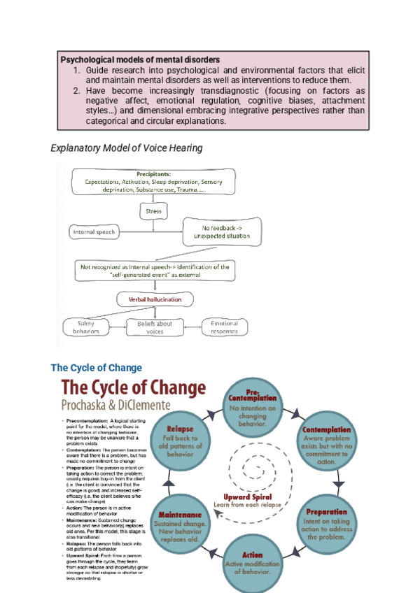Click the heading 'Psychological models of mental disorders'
pos(140,60)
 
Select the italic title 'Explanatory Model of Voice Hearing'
pos(127,148)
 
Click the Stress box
pos(153,210)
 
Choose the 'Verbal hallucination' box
pos(153,299)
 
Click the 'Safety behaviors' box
pos(86,326)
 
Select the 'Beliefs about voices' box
pos(153,327)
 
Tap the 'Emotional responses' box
pos(224,327)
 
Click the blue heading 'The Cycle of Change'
pos(96,368)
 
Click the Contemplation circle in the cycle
pos(325,443)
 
